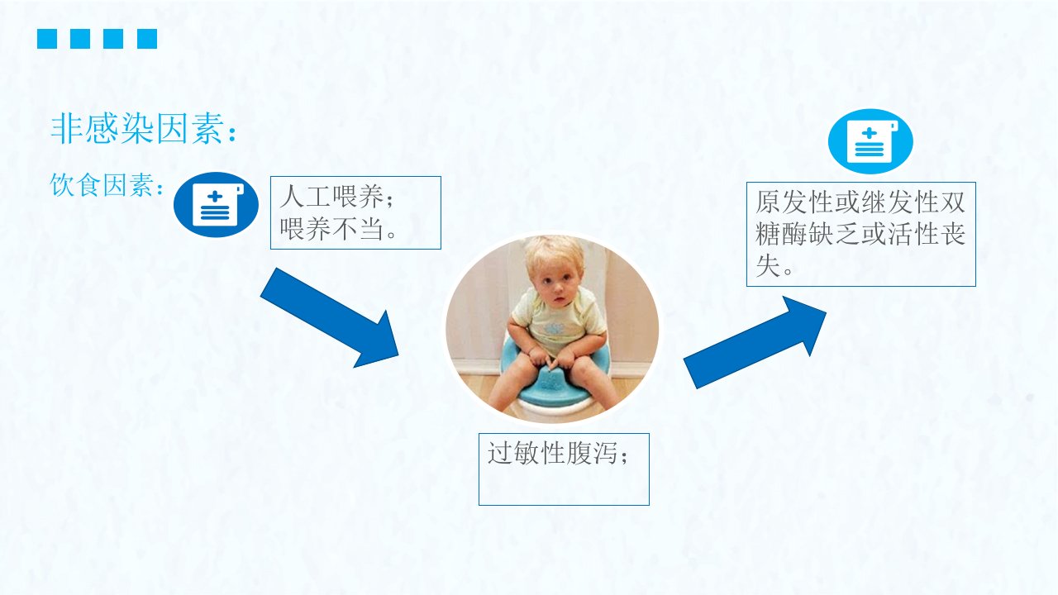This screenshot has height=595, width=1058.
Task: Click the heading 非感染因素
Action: pos(137,128)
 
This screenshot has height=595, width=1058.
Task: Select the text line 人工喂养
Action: pos(331,197)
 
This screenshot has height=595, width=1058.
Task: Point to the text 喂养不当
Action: pos(331,229)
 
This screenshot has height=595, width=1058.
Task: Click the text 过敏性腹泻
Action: pos(552,454)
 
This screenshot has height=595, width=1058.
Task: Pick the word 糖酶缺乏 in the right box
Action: pos(808,234)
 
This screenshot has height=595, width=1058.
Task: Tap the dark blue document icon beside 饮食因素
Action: pos(216,204)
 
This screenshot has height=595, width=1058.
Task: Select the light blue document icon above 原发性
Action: pos(870,141)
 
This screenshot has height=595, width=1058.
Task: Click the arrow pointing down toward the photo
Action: pos(330,317)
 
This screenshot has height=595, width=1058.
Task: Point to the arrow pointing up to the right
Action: pos(755,343)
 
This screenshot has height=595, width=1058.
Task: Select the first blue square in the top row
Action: pos(47,39)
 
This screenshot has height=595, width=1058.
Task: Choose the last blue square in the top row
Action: pos(147,39)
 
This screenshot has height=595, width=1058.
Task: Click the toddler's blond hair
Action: pos(554,253)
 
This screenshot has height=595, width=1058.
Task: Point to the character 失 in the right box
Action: pos(768,266)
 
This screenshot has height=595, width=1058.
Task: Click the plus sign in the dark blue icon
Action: pos(215,197)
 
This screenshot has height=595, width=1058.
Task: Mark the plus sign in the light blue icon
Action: pos(869,134)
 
